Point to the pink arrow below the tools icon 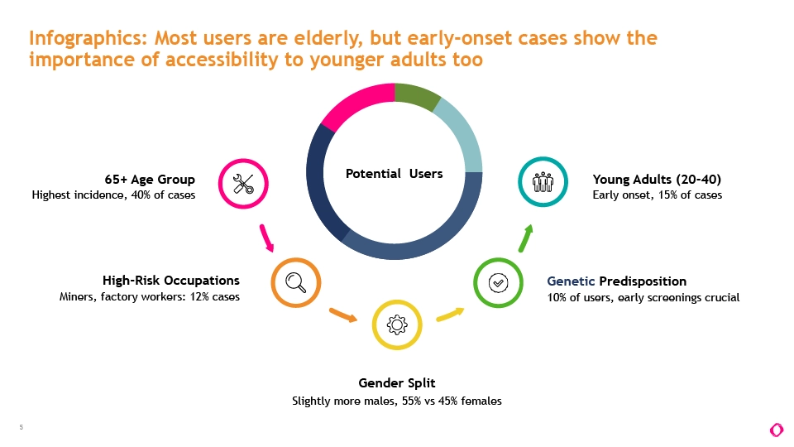click(266, 238)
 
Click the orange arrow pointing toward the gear click(342, 315)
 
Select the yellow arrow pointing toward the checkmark click(450, 315)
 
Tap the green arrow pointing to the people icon click(526, 238)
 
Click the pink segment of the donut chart click(355, 101)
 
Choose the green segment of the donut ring click(416, 94)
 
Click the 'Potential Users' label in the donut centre click(394, 173)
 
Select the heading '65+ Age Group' click(150, 180)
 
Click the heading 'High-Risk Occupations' click(171, 281)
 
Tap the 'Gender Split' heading click(397, 382)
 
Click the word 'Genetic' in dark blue click(571, 281)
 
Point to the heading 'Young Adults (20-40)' click(657, 180)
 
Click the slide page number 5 click(22, 427)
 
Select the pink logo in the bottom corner click(777, 430)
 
